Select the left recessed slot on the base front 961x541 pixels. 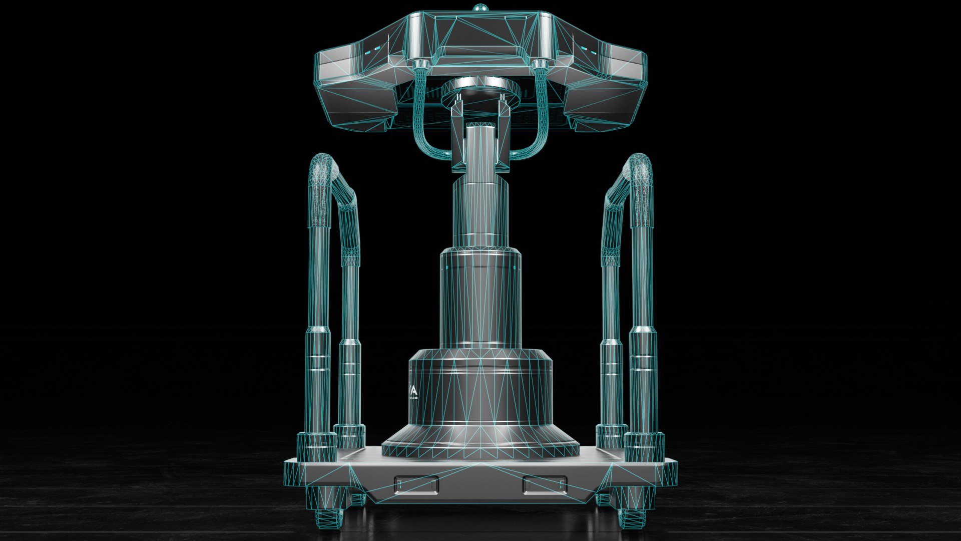click(416, 485)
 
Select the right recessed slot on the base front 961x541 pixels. click(545, 485)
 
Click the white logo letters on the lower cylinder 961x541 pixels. click(413, 392)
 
